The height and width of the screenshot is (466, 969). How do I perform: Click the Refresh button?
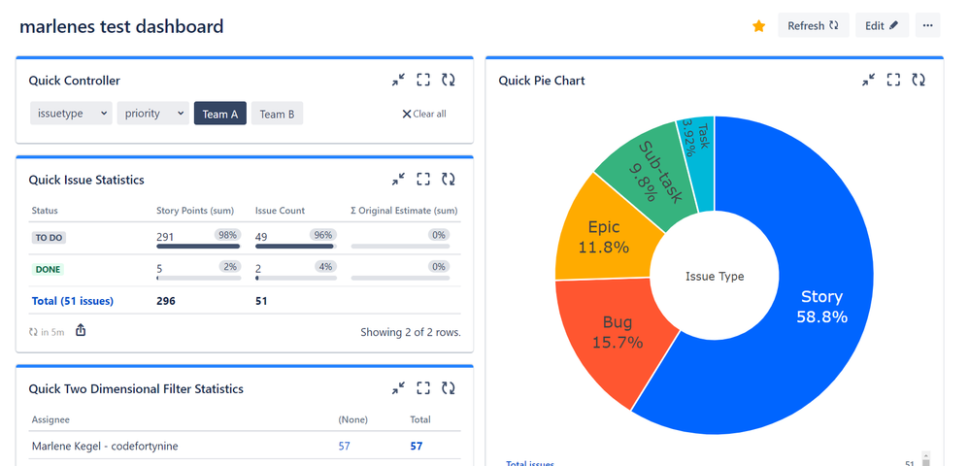coord(813,26)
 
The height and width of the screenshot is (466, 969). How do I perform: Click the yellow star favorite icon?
coord(758,26)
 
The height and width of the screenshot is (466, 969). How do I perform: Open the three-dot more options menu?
coord(928,26)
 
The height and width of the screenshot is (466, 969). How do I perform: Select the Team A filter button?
coord(220,114)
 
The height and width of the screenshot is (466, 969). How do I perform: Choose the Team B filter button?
coord(277,114)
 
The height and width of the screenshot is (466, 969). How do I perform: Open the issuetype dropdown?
coord(71,114)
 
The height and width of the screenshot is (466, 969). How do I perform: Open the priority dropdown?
coord(152,114)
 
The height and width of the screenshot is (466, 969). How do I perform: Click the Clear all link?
coord(424,114)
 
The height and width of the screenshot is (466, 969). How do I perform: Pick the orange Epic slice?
coord(602,238)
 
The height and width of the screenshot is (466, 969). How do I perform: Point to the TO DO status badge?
coord(49,237)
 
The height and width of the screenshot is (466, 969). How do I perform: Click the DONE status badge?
coord(48,269)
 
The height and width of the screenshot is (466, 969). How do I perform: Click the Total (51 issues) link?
coord(73,301)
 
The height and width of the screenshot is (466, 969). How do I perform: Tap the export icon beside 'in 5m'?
coord(81,331)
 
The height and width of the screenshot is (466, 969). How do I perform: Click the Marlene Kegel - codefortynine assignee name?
coord(105,446)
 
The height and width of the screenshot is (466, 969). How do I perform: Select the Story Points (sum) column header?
coord(194,211)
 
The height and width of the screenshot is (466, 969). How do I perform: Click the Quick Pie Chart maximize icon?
coord(893,80)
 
